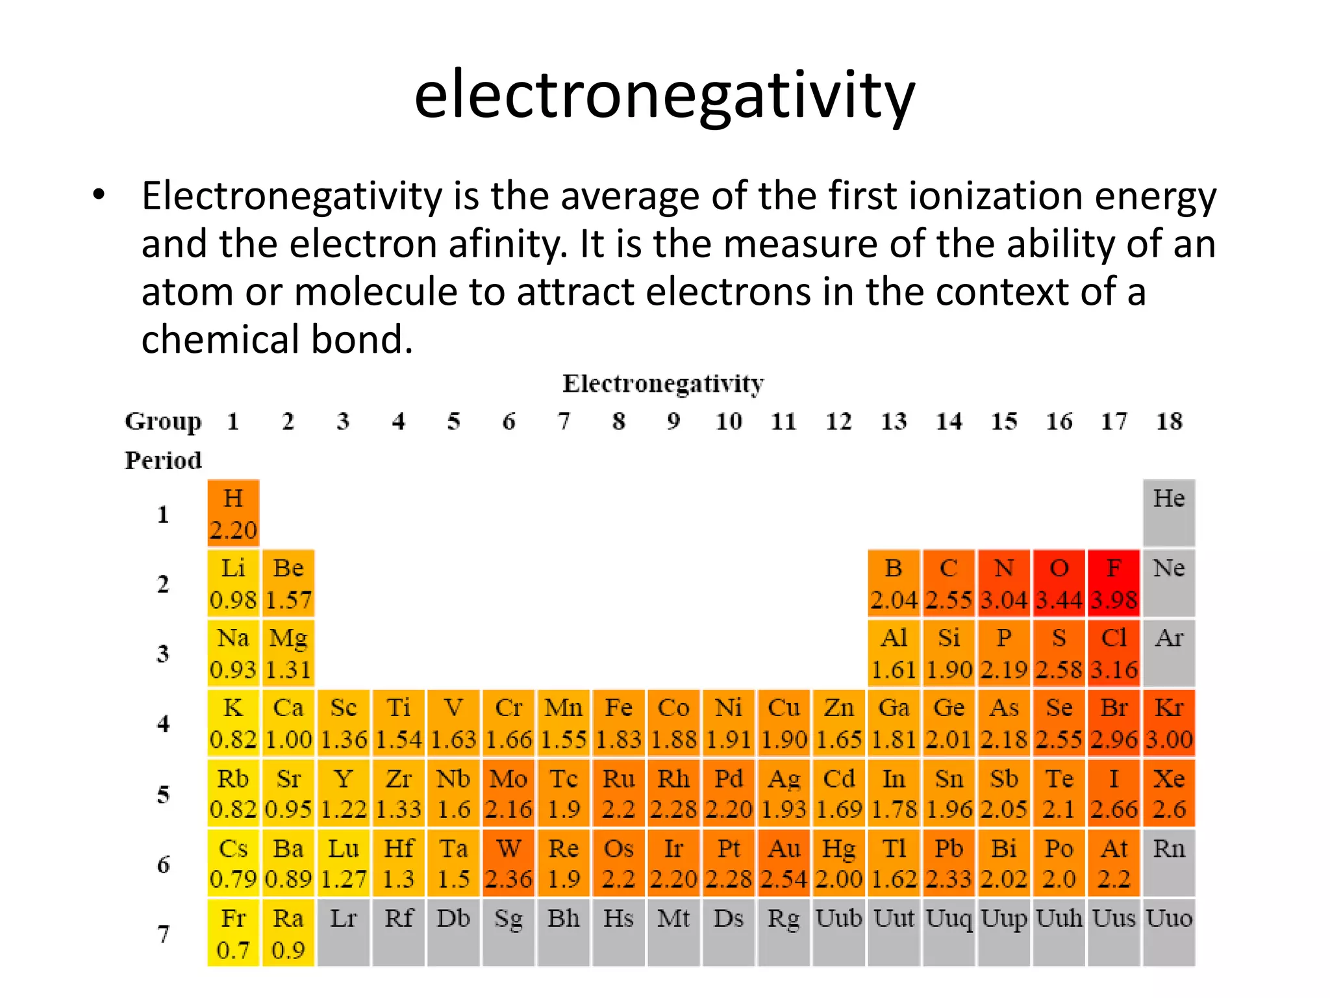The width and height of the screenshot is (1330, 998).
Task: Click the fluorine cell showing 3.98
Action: (1114, 583)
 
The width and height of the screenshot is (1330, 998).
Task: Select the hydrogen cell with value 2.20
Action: (233, 513)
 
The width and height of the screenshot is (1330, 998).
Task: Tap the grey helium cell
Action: (1169, 513)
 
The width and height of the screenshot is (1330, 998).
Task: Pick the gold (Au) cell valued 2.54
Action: (784, 863)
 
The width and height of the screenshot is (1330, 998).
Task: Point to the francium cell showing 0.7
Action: (233, 933)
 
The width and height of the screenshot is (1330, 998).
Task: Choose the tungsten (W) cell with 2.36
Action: (508, 863)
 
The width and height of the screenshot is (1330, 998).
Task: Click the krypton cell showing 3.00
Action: (1169, 723)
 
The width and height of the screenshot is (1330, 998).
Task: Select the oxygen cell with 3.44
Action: (1059, 583)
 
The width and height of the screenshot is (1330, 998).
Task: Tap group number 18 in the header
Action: (1169, 421)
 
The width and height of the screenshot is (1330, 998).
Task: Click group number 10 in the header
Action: (729, 421)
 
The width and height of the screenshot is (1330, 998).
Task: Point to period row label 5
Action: (163, 794)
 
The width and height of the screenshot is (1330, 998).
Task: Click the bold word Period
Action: (163, 460)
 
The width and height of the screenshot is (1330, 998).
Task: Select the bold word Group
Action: (163, 421)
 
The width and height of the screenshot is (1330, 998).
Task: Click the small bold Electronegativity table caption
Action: (663, 383)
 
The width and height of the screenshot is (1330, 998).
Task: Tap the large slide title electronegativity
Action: (664, 96)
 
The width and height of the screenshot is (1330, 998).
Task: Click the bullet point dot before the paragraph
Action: (98, 194)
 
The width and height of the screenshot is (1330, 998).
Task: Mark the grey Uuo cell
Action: (1169, 933)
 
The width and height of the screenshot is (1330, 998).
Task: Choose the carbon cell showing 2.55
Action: (948, 583)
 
